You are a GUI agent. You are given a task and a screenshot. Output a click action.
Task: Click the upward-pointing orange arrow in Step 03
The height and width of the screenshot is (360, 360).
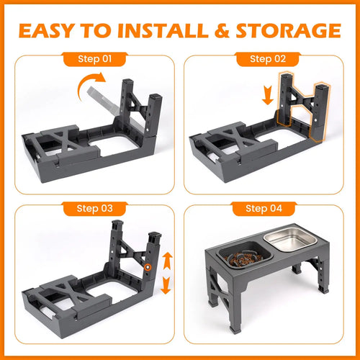pos(166,258)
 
